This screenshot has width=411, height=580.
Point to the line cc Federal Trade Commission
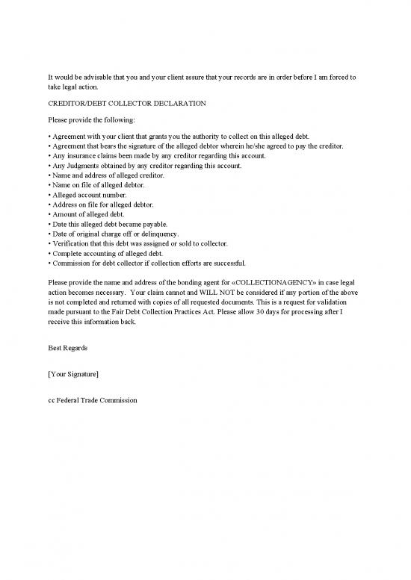92,400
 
